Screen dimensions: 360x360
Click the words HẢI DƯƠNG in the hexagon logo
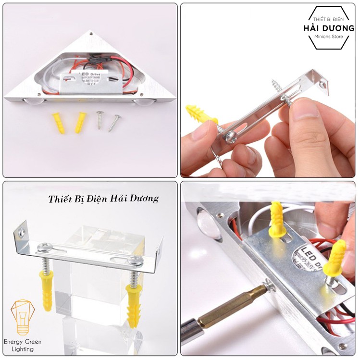[x=329, y=27]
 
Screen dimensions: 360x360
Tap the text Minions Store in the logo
[x=329, y=37]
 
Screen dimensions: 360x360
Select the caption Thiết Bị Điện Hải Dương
[x=103, y=199]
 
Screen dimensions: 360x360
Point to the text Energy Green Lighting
[x=23, y=345]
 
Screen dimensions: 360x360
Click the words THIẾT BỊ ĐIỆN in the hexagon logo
[x=329, y=19]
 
